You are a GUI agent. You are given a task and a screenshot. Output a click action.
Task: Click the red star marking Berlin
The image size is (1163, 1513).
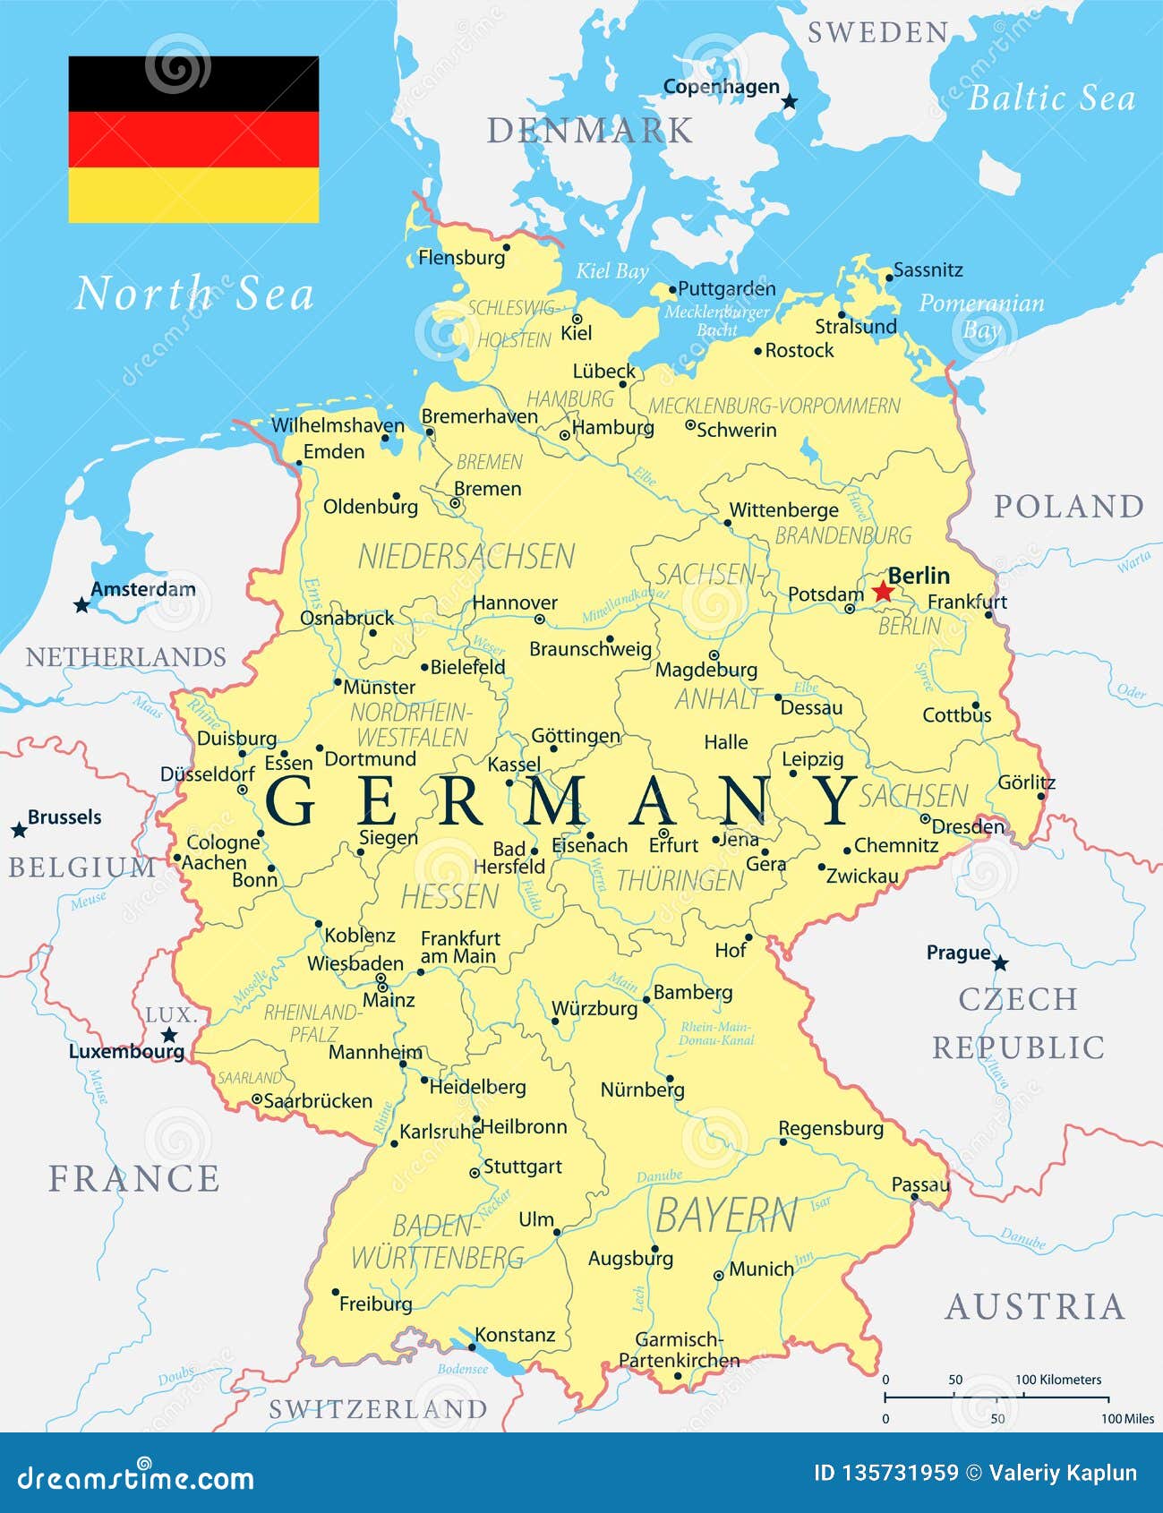tap(883, 591)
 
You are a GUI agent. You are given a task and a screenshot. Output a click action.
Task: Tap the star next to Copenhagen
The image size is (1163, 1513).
tap(789, 102)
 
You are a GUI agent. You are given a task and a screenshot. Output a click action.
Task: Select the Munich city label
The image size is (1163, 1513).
tap(761, 1269)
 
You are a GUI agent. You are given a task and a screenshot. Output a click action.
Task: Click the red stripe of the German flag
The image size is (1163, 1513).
tap(193, 140)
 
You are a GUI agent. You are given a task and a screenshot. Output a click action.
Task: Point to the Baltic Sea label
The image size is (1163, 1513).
tap(1051, 98)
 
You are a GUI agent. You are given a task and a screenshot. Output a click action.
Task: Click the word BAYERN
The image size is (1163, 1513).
tap(726, 1216)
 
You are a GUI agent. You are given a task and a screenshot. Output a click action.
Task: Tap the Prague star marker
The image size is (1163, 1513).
tap(1000, 963)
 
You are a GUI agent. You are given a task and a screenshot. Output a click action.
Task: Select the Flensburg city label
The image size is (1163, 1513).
tap(461, 258)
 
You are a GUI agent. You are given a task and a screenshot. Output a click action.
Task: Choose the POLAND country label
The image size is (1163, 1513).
tap(1069, 507)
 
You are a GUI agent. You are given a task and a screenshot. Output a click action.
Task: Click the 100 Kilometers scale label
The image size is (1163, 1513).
tap(1058, 1380)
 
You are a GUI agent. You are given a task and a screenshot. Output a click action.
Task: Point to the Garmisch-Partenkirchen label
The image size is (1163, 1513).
tap(680, 1350)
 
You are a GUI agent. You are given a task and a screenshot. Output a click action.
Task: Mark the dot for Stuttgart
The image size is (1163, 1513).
tap(475, 1173)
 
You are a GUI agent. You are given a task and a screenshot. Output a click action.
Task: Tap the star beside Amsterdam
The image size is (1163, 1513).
tap(81, 605)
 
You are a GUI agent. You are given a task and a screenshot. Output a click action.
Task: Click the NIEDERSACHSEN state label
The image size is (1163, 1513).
tap(466, 557)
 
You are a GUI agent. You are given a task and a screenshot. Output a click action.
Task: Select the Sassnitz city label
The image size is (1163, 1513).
tap(928, 269)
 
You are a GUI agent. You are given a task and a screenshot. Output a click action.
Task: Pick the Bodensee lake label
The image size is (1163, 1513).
tap(463, 1369)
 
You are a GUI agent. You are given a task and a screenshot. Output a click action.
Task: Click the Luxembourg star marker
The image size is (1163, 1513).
tap(169, 1035)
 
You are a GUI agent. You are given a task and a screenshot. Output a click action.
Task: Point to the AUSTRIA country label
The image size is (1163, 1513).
tap(1035, 1307)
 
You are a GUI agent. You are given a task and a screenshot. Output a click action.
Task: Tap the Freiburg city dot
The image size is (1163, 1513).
tap(336, 1292)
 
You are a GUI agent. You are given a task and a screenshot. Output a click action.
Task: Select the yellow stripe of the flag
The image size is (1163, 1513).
tap(193, 195)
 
